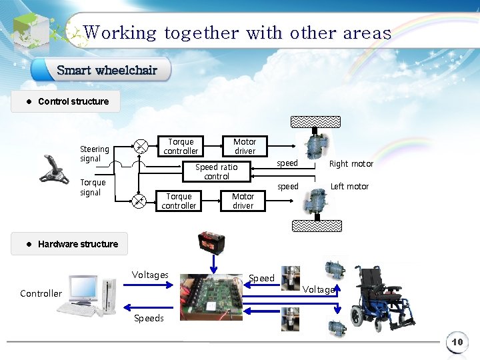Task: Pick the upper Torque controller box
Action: click(x=181, y=147)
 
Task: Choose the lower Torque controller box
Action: click(x=179, y=201)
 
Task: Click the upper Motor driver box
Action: click(x=245, y=147)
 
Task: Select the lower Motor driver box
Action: click(x=243, y=201)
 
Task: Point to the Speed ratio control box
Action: click(x=216, y=172)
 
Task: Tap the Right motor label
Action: click(x=351, y=164)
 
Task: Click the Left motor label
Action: click(x=349, y=187)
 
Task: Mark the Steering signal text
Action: click(x=95, y=154)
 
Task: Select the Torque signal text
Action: click(x=93, y=187)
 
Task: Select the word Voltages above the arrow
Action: click(x=150, y=275)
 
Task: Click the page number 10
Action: click(x=457, y=342)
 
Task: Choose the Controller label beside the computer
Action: click(x=41, y=293)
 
